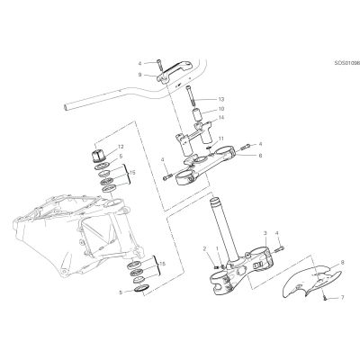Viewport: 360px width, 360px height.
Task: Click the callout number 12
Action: pyautogui.click(x=121, y=147)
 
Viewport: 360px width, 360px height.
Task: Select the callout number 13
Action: pyautogui.click(x=221, y=99)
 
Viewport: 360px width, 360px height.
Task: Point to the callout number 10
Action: pyautogui.click(x=221, y=109)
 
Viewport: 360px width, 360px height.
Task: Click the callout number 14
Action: pyautogui.click(x=221, y=118)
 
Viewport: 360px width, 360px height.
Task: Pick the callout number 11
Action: pyautogui.click(x=221, y=139)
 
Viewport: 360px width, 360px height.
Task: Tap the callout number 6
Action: pyautogui.click(x=260, y=156)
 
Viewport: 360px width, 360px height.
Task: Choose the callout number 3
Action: pyautogui.click(x=265, y=233)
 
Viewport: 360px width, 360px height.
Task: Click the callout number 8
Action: pyautogui.click(x=343, y=262)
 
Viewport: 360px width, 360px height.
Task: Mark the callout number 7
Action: pyautogui.click(x=343, y=298)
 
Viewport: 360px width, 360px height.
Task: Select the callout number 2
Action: pyautogui.click(x=204, y=248)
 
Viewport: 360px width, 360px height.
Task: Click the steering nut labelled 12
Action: pyautogui.click(x=99, y=156)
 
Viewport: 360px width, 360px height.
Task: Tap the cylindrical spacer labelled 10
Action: pyautogui.click(x=198, y=115)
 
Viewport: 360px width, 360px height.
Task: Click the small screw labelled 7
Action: pyautogui.click(x=325, y=298)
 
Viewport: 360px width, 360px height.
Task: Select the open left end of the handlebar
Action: pyautogui.click(x=66, y=107)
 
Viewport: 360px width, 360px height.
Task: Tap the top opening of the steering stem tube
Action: pyautogui.click(x=214, y=200)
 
